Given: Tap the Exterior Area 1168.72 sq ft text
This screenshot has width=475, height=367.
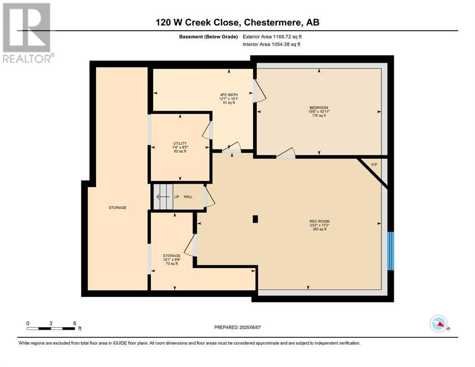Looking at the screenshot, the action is click(x=272, y=37).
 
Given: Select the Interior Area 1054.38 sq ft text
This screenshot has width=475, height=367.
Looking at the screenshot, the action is click(x=271, y=44).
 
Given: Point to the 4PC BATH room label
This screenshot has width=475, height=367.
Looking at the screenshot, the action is click(x=229, y=95).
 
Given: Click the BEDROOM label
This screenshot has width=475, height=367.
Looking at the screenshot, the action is click(x=319, y=108).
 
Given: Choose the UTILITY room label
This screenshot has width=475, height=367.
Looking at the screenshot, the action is click(x=180, y=143).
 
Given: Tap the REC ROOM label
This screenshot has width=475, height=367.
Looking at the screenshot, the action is click(x=320, y=221).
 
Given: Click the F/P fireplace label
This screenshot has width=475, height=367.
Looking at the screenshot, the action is click(x=374, y=165).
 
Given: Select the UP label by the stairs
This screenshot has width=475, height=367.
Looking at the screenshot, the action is click(x=177, y=197).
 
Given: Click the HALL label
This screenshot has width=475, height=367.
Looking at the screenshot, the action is click(x=188, y=197).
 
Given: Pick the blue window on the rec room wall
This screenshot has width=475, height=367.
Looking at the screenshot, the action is click(x=391, y=251).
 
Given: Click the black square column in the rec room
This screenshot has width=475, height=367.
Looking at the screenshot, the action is click(x=255, y=219).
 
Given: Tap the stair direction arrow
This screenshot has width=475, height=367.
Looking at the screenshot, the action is click(x=163, y=197).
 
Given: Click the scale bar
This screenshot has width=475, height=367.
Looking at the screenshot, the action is click(x=51, y=328).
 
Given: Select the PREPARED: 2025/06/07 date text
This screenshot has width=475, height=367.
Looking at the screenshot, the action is click(x=237, y=327).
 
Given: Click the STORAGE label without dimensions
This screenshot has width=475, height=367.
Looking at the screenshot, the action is click(x=118, y=207).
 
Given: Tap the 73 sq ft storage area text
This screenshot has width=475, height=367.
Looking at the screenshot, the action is click(x=172, y=263).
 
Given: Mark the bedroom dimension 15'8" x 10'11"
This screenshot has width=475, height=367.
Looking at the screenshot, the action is click(x=319, y=112).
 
